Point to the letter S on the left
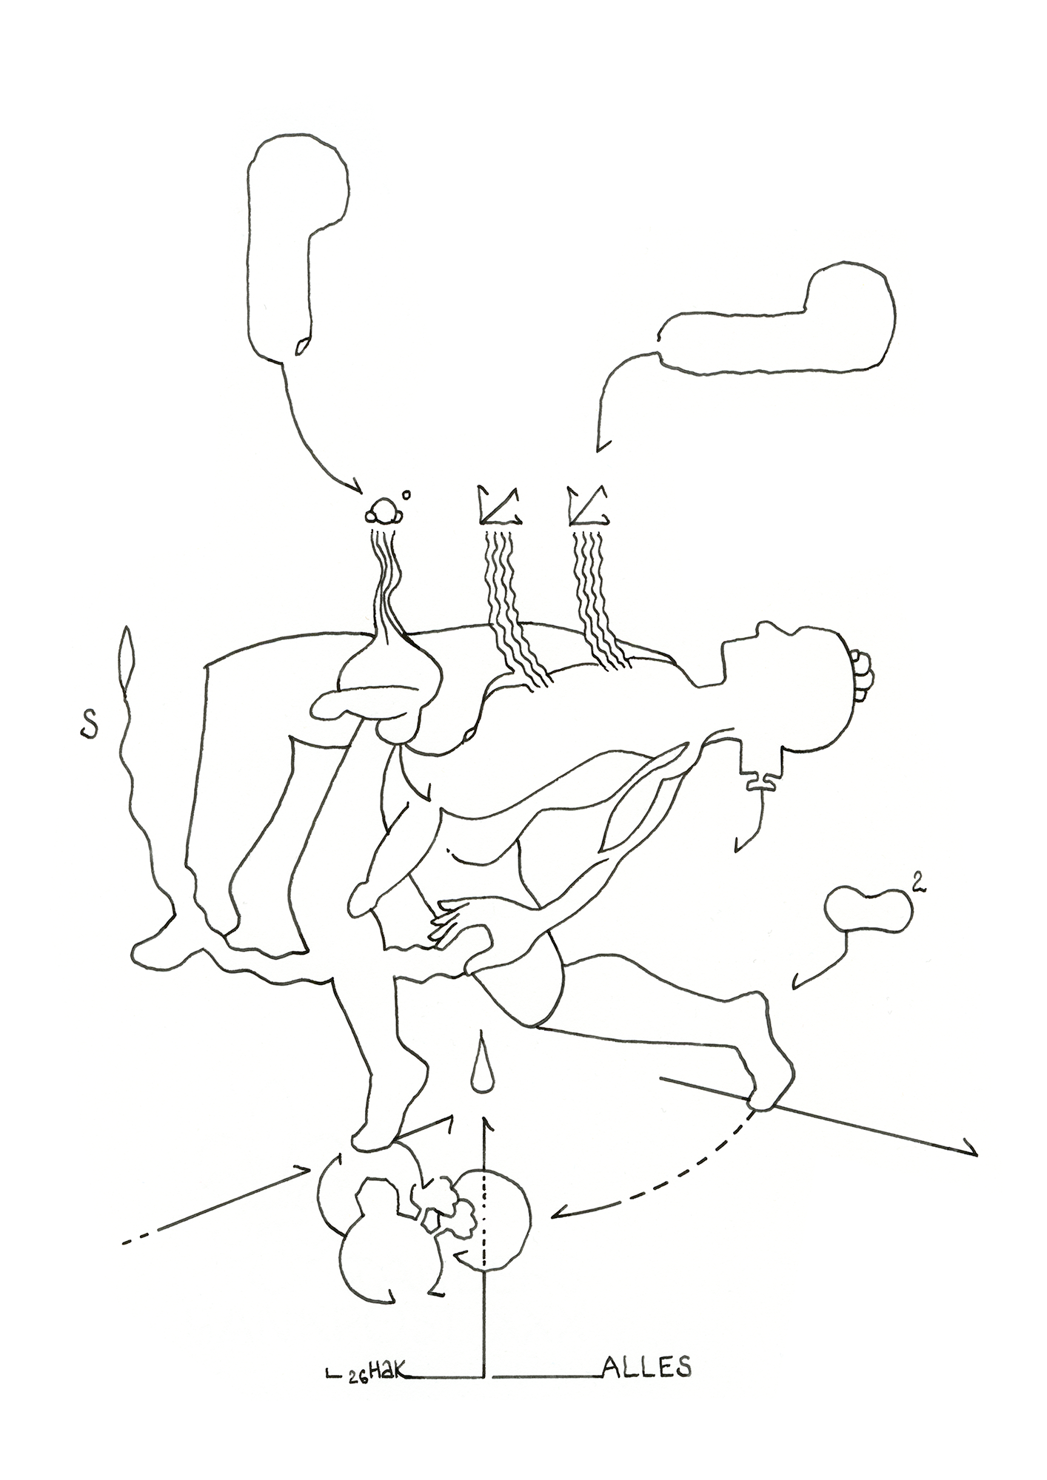88,725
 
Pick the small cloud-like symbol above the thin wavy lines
384,510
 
